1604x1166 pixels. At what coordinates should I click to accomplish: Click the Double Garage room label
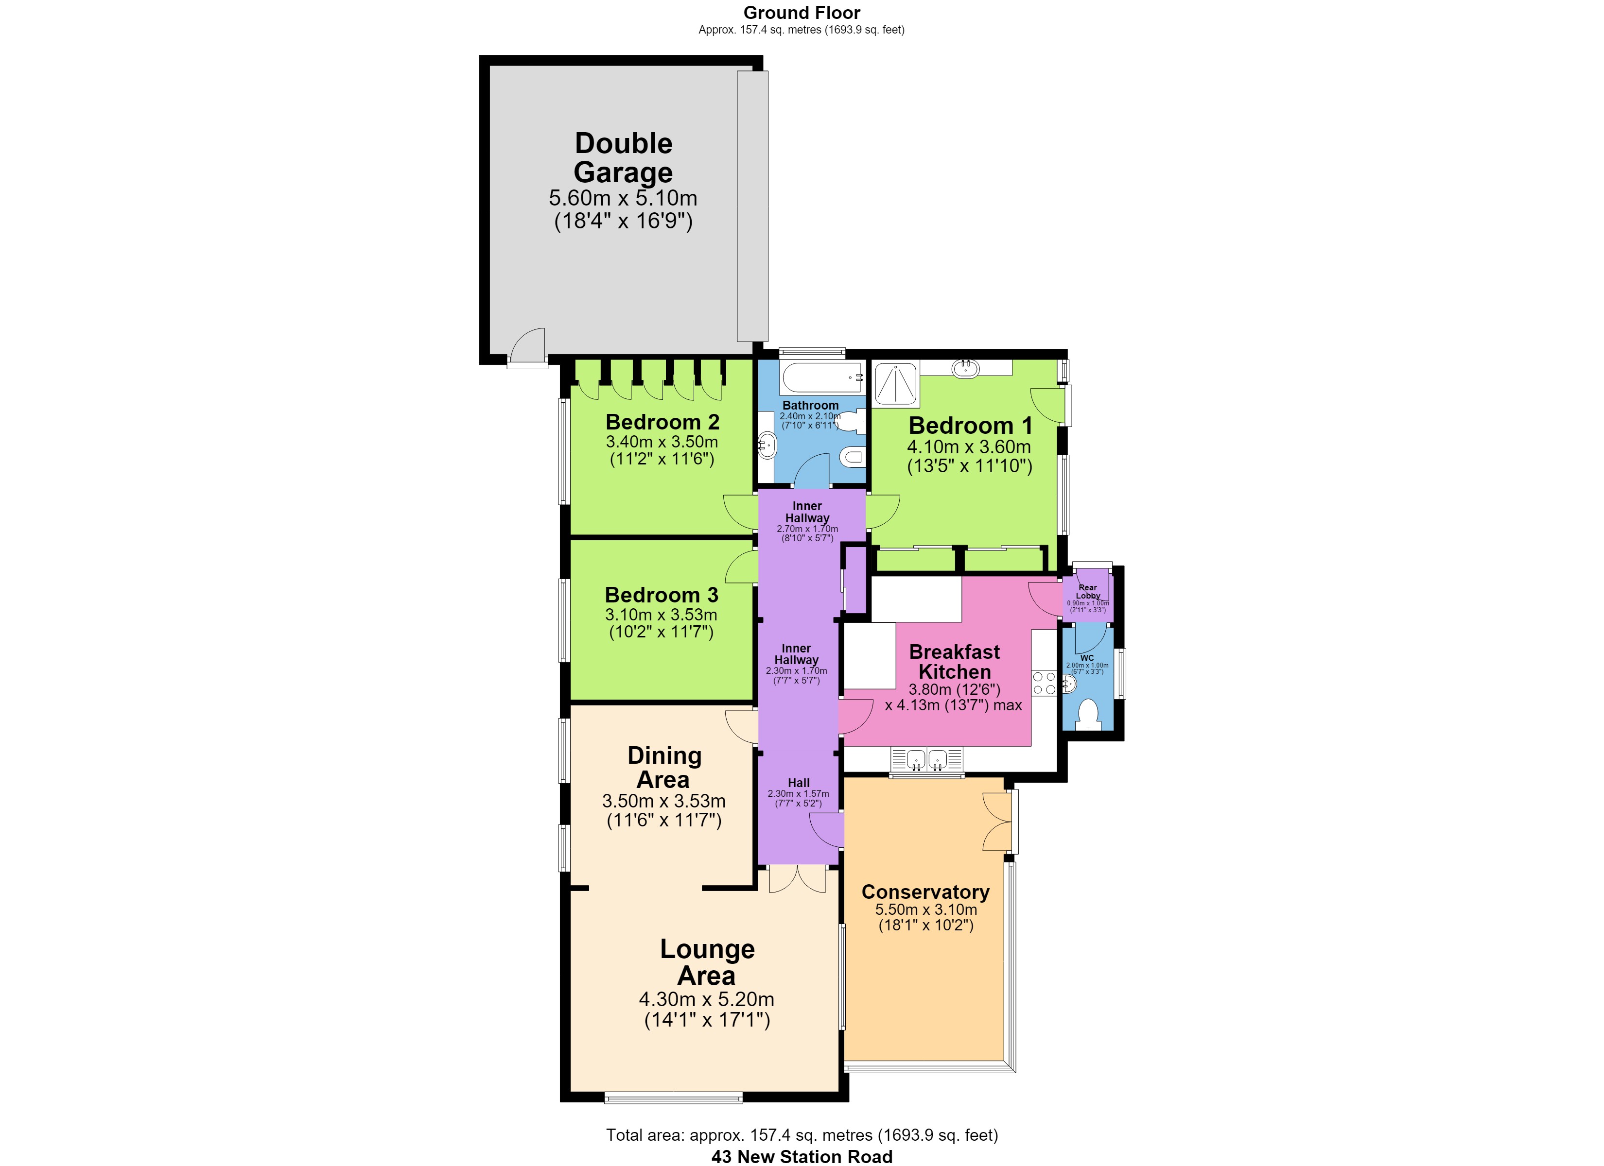pos(623,158)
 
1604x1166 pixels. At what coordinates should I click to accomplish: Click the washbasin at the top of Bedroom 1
pos(965,368)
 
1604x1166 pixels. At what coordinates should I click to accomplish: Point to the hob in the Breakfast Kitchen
pos(1044,683)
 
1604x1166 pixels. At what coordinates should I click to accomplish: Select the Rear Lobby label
pos(1088,592)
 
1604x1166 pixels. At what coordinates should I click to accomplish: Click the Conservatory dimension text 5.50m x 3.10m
pos(926,910)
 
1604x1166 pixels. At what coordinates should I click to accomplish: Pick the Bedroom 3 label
pos(661,595)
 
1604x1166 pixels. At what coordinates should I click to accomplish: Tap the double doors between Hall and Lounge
pos(798,879)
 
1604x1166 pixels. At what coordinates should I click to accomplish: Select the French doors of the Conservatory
pos(998,822)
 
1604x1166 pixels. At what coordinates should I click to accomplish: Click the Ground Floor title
pos(802,13)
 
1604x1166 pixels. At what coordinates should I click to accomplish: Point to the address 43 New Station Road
pos(802,1157)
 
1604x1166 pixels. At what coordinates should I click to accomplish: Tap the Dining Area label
pos(664,767)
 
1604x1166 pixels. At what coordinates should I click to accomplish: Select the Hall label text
pos(799,783)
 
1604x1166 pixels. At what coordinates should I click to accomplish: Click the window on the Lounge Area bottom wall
pos(673,1098)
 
